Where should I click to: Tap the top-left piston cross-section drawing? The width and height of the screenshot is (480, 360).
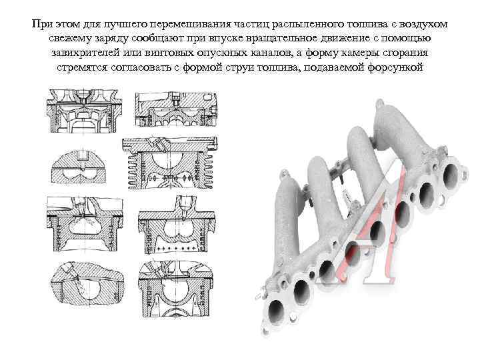pyautogui.click(x=85, y=111)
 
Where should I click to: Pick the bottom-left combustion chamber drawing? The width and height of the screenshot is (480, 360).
pyautogui.click(x=87, y=285)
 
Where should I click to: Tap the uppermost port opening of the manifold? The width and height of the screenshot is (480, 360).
pyautogui.click(x=450, y=175)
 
